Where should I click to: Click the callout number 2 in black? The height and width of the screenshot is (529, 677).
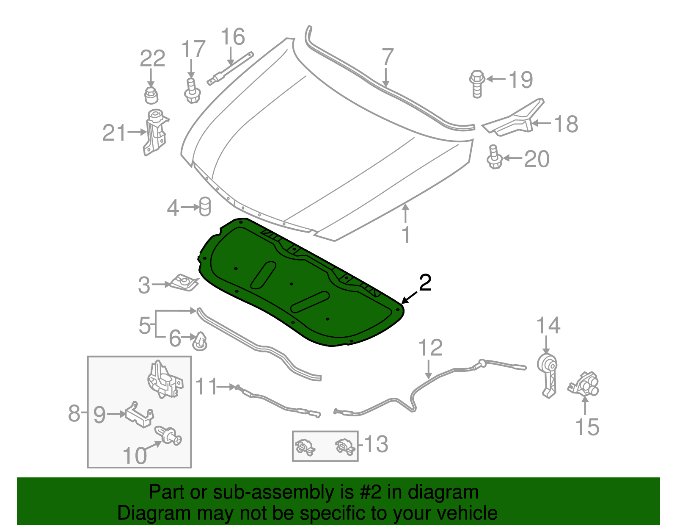[x=425, y=283]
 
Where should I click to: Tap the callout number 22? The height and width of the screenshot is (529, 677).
[x=152, y=58]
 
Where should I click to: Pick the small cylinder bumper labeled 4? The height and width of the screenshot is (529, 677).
[x=205, y=206]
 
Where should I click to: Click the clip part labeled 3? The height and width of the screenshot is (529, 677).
[x=184, y=282]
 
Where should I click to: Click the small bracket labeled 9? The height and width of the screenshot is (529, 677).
[x=139, y=414]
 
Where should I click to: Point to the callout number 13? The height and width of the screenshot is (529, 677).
[x=376, y=444]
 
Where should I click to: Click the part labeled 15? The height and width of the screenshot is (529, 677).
[x=585, y=383]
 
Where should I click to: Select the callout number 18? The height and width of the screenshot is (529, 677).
[x=566, y=124]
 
